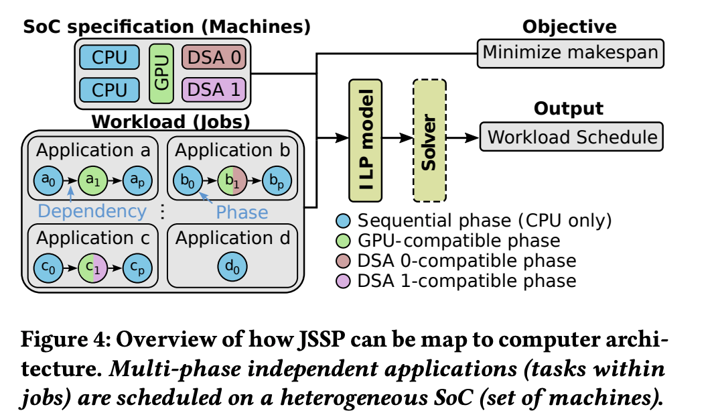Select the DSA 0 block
coord(214,57)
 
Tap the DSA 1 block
coord(214,89)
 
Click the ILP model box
coord(365,140)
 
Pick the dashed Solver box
coord(429,140)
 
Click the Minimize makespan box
coord(570,52)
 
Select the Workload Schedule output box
coord(571,137)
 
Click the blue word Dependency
coord(92,211)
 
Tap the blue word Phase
coord(242,212)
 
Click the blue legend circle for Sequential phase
coord(344,221)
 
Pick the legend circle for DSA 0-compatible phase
coord(344,260)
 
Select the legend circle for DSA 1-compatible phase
coord(344,280)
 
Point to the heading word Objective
coord(569,27)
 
